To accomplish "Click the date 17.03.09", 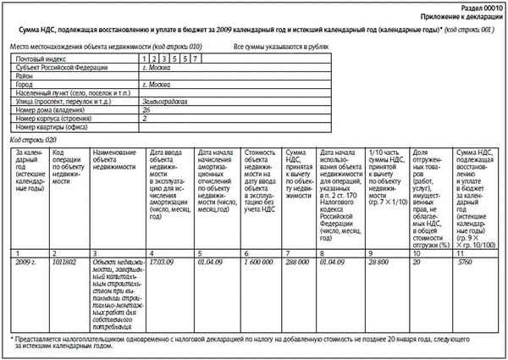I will (161, 263).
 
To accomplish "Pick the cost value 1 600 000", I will (259, 263).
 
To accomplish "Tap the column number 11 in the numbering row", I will (461, 253).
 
